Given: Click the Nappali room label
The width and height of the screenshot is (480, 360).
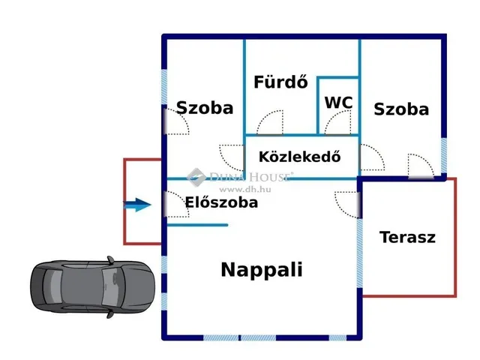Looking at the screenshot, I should coord(262,270).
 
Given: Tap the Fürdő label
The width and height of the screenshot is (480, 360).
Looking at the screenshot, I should coord(280,82).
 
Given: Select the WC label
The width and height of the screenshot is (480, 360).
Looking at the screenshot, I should coord(338,102).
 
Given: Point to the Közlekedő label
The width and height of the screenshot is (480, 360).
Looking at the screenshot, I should coord(299,157).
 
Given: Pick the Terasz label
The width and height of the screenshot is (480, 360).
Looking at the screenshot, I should coord(407,238).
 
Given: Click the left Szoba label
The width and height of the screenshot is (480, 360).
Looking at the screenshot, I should coord(205,108).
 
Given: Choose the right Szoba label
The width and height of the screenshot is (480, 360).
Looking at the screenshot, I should coord(401,109).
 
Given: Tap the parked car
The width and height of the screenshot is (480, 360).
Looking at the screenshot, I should coord(94,289).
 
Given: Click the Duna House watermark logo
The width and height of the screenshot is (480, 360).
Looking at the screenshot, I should coord(196,177).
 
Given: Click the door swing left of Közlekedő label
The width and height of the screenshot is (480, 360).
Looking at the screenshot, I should coord(232,156).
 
